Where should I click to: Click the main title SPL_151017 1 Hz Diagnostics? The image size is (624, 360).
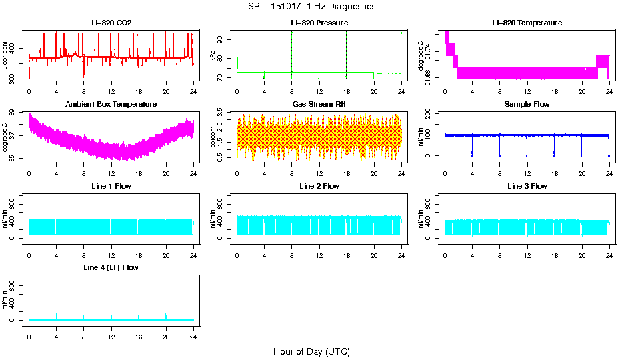311,7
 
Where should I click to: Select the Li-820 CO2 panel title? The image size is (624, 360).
111,23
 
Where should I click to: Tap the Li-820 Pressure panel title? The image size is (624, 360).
319,23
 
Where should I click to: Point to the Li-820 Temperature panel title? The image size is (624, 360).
527,23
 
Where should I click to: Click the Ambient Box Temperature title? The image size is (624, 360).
111,105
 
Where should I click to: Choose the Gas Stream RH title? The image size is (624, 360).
319,105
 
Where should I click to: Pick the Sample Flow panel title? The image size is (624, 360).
527,105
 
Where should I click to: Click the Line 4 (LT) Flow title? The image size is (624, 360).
111,267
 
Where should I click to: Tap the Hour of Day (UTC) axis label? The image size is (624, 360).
311,351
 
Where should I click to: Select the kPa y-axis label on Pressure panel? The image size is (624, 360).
213,56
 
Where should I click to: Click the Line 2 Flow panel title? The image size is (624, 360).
319,186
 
